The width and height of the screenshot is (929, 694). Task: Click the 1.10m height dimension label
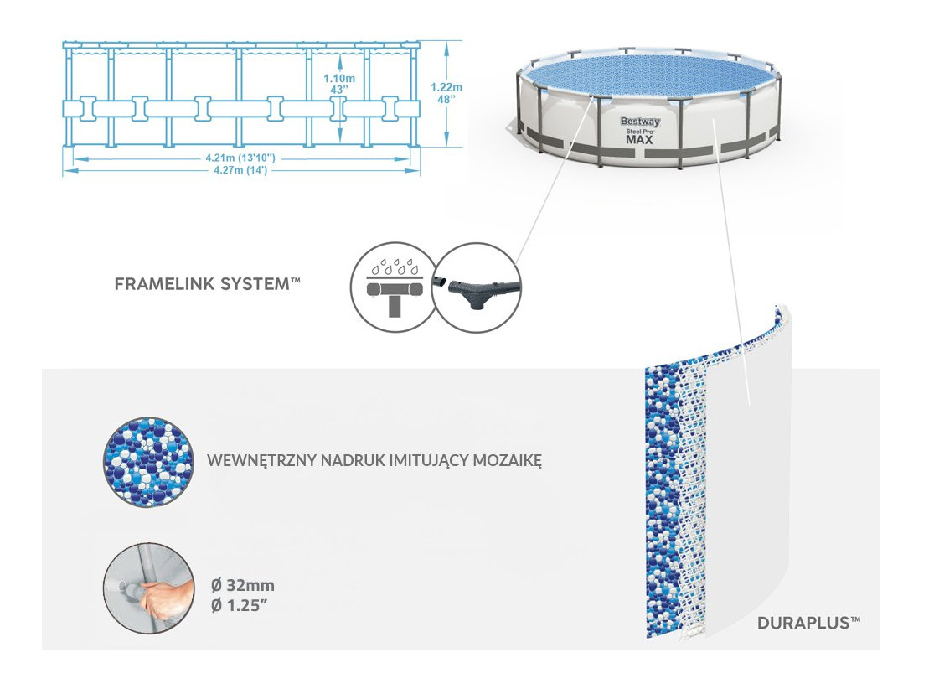(339, 78)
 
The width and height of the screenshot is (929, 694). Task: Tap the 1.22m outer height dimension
(446, 86)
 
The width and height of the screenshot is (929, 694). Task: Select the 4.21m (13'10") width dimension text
(241, 157)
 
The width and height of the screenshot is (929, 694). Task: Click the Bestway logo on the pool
(640, 122)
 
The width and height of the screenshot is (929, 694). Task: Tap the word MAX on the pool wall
(640, 139)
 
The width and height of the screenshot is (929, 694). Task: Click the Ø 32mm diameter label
(242, 585)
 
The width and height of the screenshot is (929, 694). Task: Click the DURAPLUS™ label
(808, 623)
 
